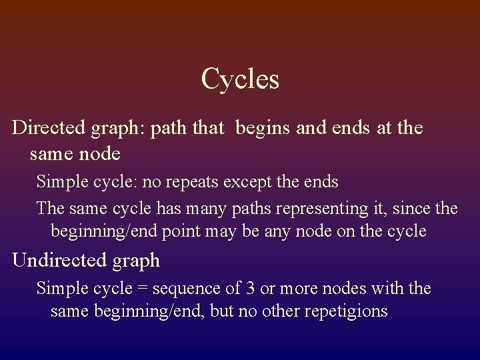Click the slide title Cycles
(x=240, y=79)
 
